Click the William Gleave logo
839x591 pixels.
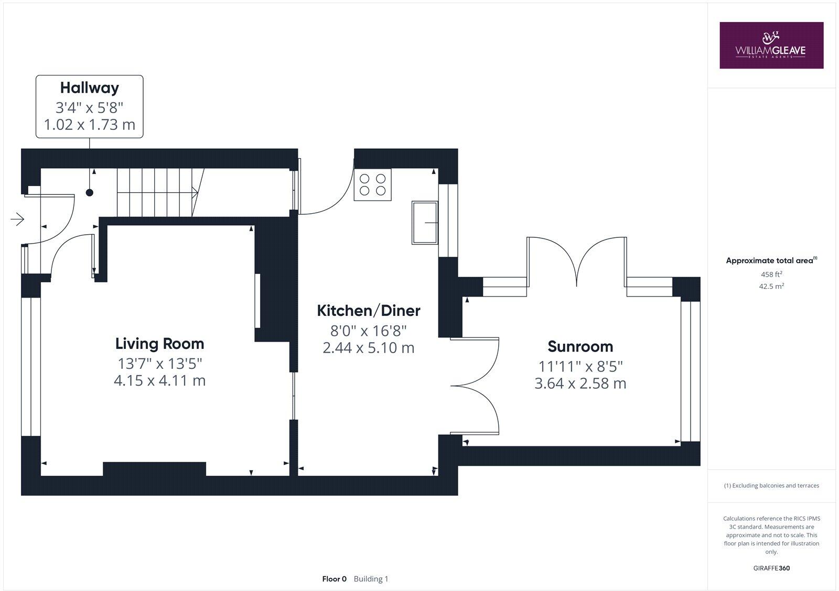tap(771, 45)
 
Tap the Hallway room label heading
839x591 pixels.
tap(89, 87)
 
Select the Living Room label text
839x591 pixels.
tap(159, 344)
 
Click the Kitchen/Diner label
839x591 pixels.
tap(369, 311)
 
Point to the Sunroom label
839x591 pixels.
tap(580, 346)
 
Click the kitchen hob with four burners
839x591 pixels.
tap(372, 184)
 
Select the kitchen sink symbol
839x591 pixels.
tap(425, 223)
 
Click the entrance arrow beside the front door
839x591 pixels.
tap(17, 219)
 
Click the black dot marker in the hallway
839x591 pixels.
tap(90, 193)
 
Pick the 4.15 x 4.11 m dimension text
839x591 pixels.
tap(159, 380)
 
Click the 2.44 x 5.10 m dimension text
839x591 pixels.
tap(369, 348)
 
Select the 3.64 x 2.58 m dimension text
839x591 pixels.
tap(580, 384)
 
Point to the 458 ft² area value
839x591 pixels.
tap(771, 274)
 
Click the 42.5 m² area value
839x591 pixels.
tap(771, 286)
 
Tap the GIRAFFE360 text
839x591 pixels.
tap(771, 568)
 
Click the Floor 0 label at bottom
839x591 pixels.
tap(334, 579)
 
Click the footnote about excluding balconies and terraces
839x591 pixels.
tap(771, 486)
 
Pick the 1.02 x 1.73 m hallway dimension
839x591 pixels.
tap(89, 125)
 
